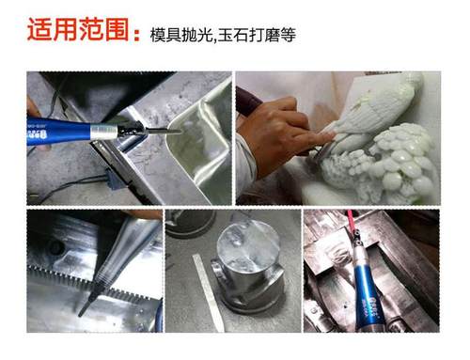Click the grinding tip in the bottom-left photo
85,305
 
